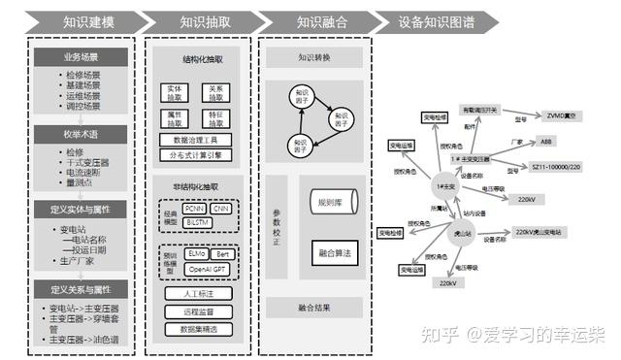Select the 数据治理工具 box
tap(195, 140)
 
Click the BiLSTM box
tap(199, 220)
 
